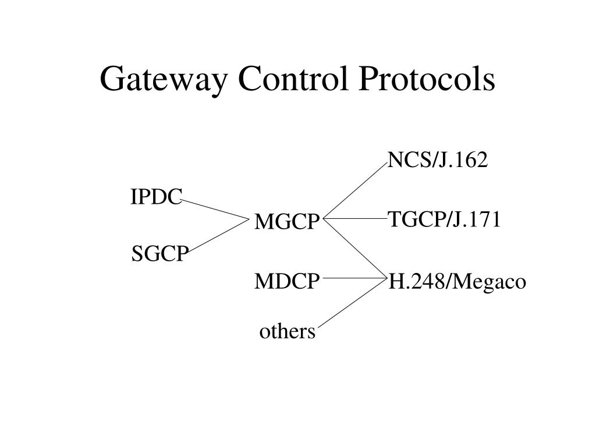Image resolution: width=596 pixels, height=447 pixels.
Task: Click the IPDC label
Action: [156, 197]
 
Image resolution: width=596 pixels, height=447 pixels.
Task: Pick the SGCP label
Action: [160, 254]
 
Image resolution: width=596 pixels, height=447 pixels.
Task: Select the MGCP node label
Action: [288, 222]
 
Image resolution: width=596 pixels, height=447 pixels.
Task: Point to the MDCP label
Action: [287, 282]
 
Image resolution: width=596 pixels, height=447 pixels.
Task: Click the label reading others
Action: [287, 332]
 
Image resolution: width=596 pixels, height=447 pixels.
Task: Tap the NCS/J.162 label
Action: [437, 160]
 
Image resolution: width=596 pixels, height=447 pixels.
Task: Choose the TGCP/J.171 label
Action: [444, 219]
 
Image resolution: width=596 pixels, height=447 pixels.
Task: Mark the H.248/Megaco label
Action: [457, 282]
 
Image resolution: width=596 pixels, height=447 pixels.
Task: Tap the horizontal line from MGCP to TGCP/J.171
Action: [355, 219]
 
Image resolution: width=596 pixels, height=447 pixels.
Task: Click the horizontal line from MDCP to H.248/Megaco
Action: [354, 279]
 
